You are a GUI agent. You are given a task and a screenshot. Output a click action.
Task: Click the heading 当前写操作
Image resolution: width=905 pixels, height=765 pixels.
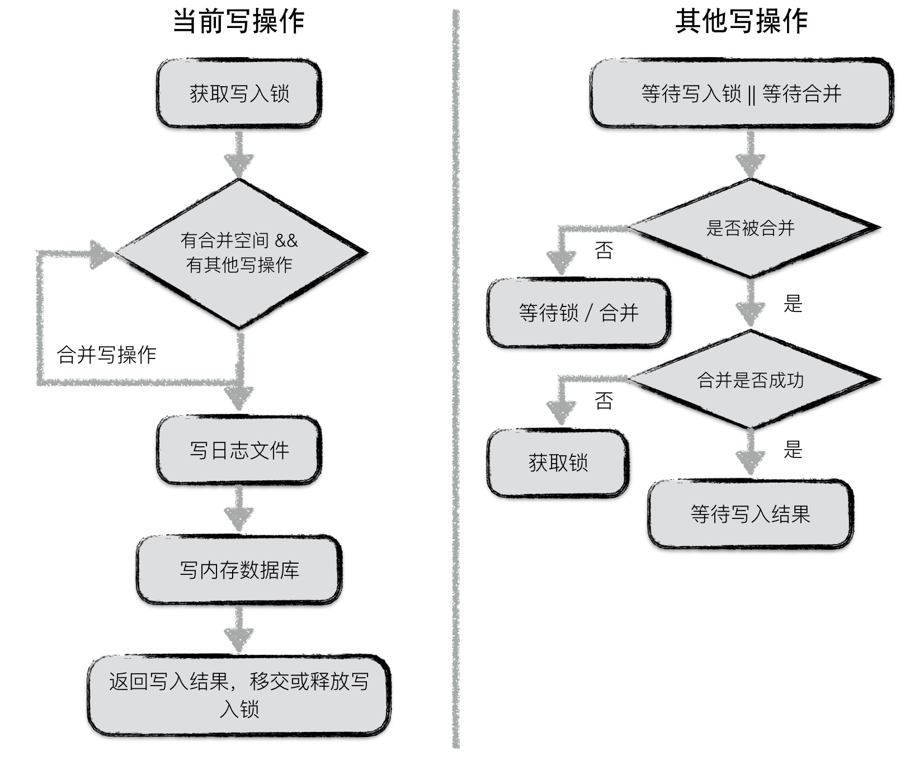238,21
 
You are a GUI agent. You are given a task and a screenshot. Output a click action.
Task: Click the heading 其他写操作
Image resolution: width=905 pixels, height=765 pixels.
741,21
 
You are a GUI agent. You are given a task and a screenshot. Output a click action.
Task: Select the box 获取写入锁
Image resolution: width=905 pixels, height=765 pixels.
239,93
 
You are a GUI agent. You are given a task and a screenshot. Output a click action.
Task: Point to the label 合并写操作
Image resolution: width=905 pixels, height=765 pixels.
106,355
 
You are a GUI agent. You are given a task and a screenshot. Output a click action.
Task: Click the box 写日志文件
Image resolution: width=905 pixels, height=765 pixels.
239,450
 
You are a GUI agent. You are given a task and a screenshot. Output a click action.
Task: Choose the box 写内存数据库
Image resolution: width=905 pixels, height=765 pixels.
239,570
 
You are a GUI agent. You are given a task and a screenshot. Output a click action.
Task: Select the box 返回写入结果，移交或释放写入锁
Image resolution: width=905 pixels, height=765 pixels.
239,695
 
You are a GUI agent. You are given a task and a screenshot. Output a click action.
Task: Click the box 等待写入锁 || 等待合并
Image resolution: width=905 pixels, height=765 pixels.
741,93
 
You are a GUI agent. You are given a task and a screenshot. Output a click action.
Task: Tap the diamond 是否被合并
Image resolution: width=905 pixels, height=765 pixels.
750,228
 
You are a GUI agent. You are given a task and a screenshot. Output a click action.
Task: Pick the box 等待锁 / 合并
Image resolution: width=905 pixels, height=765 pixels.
578,313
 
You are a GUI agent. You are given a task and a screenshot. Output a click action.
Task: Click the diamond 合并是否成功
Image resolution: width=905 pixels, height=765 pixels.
750,380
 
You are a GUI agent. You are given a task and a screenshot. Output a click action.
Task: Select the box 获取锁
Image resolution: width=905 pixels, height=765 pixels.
558,463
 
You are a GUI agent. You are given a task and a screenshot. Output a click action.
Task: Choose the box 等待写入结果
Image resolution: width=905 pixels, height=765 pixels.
750,514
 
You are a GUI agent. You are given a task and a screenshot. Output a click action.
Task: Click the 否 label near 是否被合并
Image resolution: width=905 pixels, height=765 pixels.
604,250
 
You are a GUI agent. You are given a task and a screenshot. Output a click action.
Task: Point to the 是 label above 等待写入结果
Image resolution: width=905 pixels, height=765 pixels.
793,449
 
